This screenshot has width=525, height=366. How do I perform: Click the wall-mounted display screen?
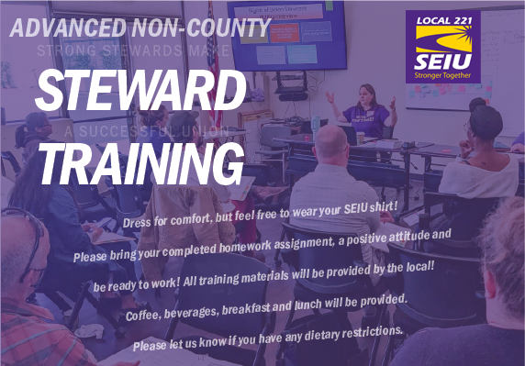click(x=287, y=36)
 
